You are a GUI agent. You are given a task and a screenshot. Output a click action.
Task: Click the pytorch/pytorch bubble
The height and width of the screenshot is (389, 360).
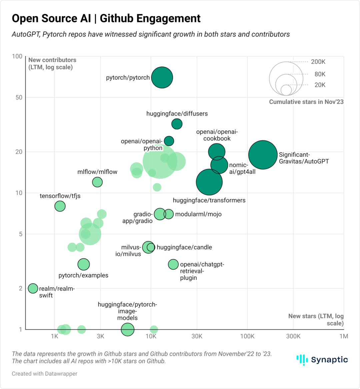point(162,77)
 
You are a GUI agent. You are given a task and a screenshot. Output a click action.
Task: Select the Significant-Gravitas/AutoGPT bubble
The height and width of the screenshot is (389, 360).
point(263,155)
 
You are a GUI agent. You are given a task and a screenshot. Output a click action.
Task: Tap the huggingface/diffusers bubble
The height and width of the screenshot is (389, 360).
point(177,124)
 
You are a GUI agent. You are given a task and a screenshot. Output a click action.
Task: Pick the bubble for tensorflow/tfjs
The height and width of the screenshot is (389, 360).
point(60,206)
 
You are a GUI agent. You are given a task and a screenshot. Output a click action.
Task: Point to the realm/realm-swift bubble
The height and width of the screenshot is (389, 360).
point(33,288)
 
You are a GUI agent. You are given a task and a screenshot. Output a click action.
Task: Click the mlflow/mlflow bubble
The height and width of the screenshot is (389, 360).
point(97,182)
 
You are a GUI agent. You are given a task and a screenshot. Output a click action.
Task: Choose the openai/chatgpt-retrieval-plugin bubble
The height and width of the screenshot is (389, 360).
point(173,264)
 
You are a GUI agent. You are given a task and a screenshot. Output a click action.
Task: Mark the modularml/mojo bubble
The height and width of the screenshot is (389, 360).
point(169,214)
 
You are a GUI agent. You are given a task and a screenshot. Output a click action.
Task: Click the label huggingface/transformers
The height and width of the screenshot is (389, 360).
point(209,200)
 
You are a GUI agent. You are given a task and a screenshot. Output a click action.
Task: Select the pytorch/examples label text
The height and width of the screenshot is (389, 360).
point(83,275)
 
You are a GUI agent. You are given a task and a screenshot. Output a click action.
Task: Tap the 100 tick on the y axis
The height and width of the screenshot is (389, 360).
point(17,56)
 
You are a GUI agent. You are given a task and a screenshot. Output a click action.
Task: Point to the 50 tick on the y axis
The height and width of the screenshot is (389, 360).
point(19,98)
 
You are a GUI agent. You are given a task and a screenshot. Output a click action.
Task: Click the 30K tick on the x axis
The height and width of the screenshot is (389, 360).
point(197,336)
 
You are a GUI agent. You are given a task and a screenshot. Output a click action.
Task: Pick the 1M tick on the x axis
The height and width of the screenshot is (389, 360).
point(343,336)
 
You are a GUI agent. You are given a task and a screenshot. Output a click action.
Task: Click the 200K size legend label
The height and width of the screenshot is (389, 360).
point(318,62)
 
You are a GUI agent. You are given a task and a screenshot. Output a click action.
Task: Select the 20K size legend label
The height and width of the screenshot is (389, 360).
point(320,85)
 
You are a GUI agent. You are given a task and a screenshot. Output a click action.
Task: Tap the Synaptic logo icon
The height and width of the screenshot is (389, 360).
point(302,360)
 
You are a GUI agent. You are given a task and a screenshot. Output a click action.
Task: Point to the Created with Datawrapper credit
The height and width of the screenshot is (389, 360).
point(44,374)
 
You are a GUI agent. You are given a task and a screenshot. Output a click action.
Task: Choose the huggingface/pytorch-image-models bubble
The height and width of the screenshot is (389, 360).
point(128,329)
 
